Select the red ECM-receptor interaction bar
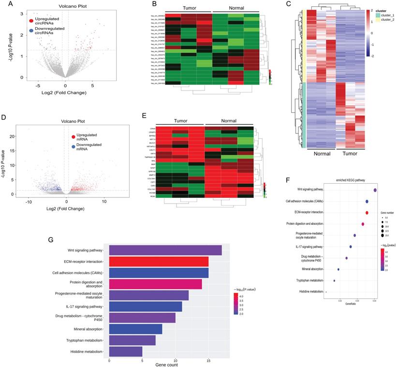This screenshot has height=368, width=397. pos(159,262)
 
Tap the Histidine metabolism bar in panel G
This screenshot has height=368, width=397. pos(126,352)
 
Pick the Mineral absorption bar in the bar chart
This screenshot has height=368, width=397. pos(136,329)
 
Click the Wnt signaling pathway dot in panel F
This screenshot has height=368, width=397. pos(375,191)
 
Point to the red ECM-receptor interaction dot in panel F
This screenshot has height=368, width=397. pos(367,213)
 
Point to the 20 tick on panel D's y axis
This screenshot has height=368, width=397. pos(13,136)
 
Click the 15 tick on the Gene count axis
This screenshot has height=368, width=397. pos(208,360)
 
